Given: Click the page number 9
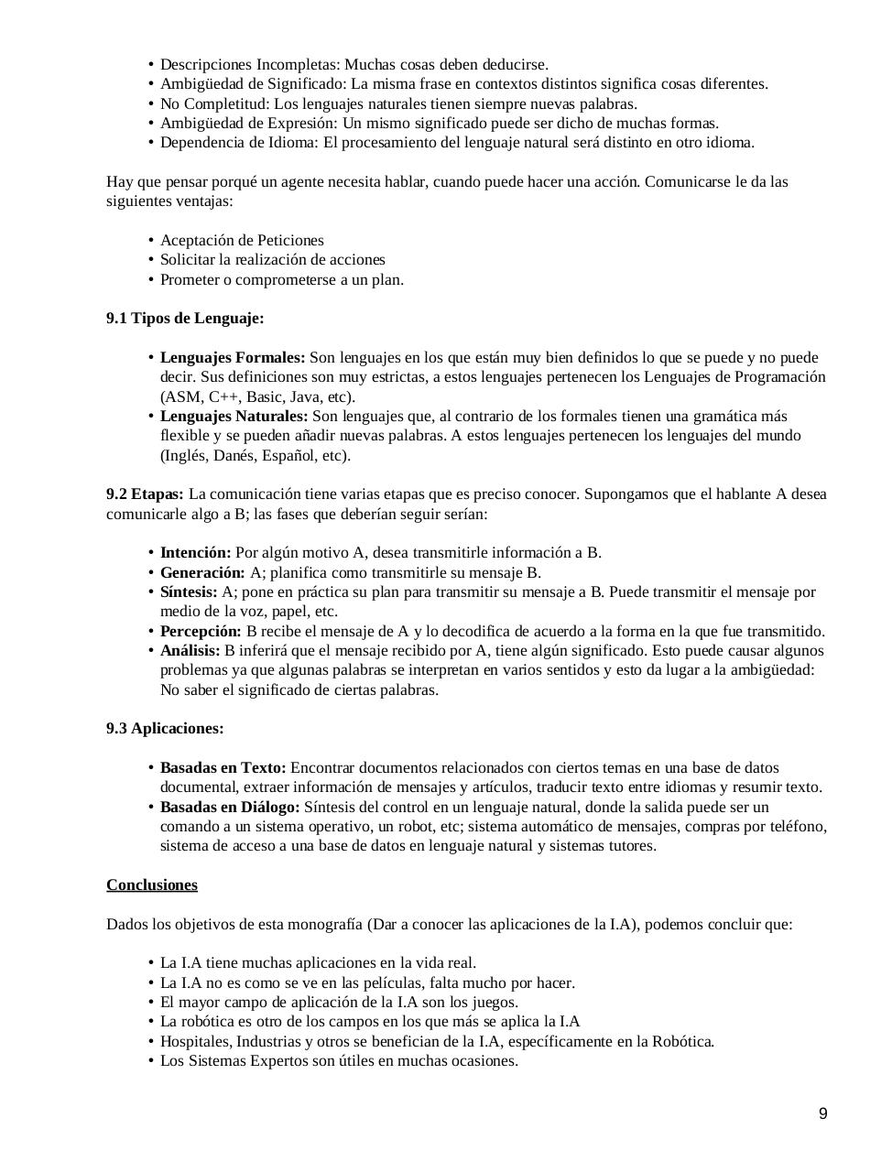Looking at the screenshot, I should coord(822,1113).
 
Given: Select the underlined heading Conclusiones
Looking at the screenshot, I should coord(152,884).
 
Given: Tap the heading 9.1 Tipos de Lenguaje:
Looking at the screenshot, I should coord(185,319).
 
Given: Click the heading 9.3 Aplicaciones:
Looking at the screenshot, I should coord(165,729).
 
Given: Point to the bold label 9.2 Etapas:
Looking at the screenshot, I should coord(145,494).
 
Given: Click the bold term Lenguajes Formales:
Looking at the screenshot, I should coord(233,358).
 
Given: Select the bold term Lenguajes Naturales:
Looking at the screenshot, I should coord(234,417).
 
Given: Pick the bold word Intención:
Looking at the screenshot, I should coord(195,553).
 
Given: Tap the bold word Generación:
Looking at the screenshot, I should coord(202,573).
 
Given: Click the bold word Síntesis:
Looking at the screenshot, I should coord(189,592).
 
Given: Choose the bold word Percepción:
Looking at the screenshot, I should coord(201,632).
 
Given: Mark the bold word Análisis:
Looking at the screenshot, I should coord(190,651).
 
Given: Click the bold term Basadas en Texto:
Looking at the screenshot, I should coord(223,768).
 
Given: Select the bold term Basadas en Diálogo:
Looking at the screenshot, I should coord(230,808).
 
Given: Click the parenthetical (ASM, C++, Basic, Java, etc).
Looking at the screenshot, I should coord(257,397).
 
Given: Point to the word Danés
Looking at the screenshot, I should coord(234,456).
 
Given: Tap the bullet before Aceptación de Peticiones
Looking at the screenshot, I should coord(150,241).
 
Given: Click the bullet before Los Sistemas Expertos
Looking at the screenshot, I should coord(150,1062).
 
